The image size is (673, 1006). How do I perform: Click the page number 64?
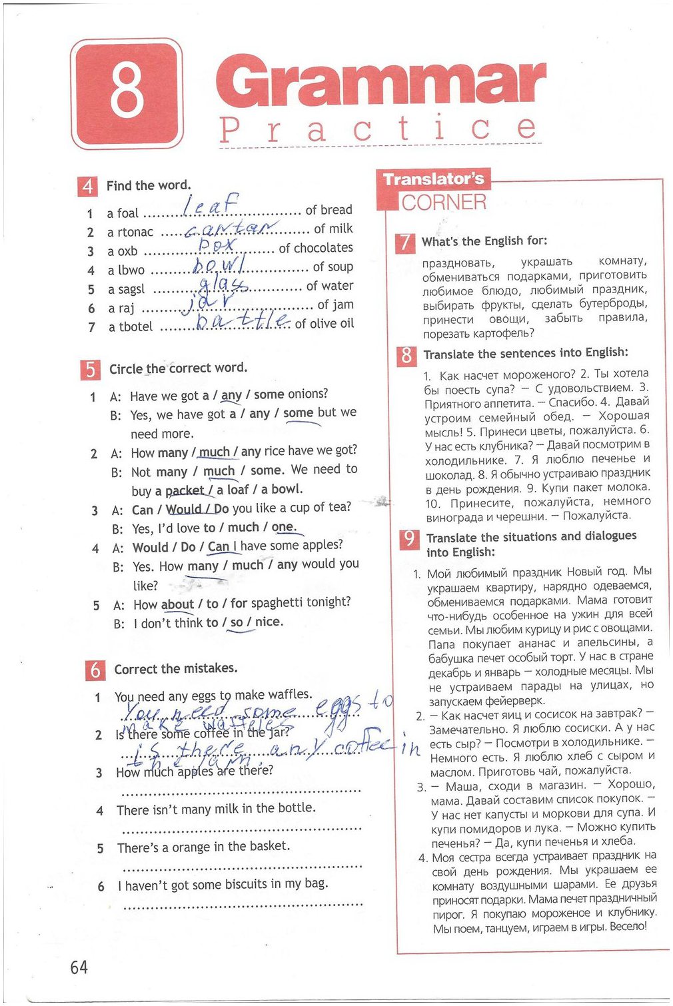tap(79, 967)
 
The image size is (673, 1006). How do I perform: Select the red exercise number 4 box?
tap(87, 187)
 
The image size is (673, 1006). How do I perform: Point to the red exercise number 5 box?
tap(90, 369)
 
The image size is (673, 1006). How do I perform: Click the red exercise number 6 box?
tap(95, 670)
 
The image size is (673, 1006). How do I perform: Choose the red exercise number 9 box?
tap(408, 538)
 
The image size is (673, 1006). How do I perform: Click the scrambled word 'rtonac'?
tap(135, 233)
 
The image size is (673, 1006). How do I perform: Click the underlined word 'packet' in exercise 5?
tap(185, 491)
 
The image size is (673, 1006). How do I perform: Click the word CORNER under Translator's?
tap(444, 203)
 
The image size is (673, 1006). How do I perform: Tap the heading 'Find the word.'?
tap(149, 186)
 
